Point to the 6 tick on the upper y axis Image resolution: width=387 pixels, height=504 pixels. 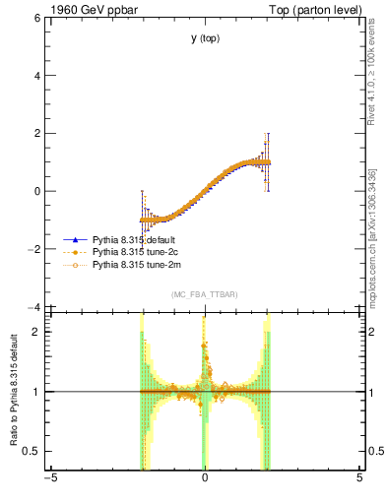point(38,18)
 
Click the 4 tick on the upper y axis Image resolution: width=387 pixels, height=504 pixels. point(38,76)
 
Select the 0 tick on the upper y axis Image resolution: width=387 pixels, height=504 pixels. point(38,192)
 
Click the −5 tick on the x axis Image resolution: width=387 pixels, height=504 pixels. point(49,479)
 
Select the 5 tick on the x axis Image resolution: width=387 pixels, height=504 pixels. point(359,479)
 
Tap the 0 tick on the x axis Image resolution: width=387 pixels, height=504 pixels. point(205,479)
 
